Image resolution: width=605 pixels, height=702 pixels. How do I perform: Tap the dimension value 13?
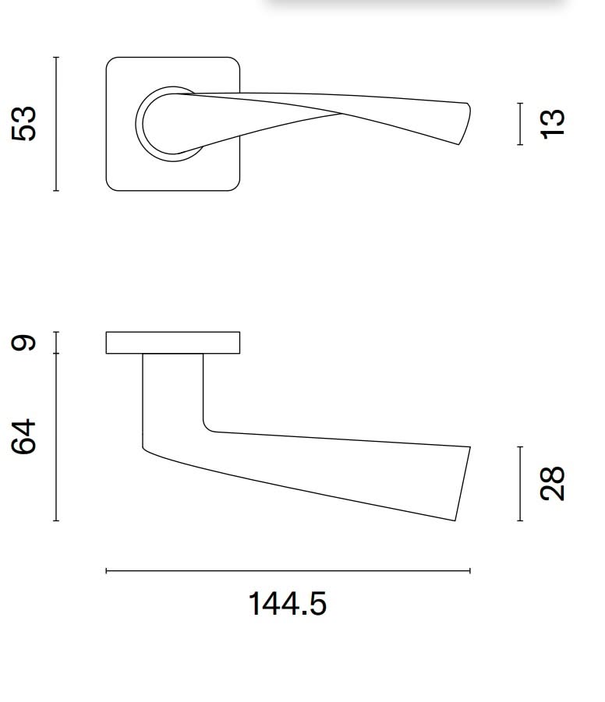click(x=551, y=124)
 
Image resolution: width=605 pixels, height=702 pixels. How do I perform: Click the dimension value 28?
click(x=551, y=483)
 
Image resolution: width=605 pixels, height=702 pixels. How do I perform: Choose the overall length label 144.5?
click(x=287, y=604)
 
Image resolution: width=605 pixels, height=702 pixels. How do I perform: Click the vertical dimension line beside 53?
click(x=56, y=123)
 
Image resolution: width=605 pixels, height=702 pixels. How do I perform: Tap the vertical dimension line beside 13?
click(x=520, y=124)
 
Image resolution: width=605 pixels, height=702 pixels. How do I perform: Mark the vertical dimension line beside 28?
click(x=520, y=483)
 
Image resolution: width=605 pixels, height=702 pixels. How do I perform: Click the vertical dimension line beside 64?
click(x=56, y=436)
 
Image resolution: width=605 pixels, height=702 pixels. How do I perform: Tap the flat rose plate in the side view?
click(x=172, y=343)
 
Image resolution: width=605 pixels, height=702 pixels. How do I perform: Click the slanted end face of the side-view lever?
click(x=463, y=483)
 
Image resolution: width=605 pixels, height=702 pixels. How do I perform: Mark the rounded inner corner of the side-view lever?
click(x=207, y=427)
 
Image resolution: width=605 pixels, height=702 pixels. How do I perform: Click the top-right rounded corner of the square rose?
click(x=234, y=62)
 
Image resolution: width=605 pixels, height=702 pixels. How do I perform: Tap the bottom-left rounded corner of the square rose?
click(x=111, y=185)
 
